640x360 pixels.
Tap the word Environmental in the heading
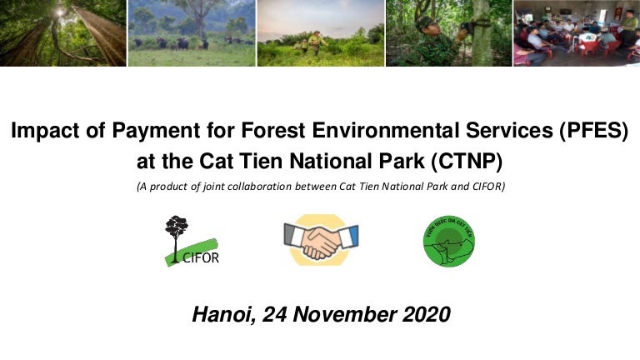[x=375, y=132]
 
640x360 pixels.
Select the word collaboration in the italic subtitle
[x=302, y=187]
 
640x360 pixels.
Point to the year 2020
[x=423, y=314]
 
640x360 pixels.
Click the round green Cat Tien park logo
[x=448, y=241]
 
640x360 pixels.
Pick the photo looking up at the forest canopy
[x=62, y=32]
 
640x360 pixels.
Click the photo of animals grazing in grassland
[x=191, y=32]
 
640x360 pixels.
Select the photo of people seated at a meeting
[x=576, y=32]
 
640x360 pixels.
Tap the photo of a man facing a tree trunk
[x=447, y=32]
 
